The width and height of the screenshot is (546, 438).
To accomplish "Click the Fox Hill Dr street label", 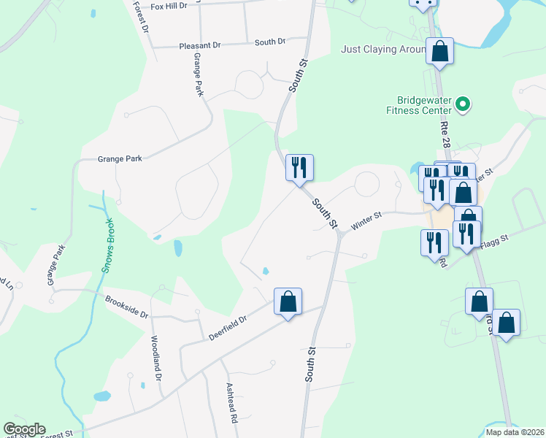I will click(x=169, y=5).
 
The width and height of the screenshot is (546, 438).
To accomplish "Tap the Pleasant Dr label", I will click(x=199, y=45).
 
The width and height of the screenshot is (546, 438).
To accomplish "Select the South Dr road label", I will click(x=270, y=42).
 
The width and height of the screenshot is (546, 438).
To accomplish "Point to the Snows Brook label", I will click(x=107, y=246).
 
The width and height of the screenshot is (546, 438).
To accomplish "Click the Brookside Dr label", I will click(x=126, y=307).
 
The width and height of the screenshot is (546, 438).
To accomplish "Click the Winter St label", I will click(x=366, y=221).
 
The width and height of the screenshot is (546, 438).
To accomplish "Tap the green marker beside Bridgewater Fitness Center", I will click(x=462, y=106).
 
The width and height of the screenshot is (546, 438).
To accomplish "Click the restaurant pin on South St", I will click(x=299, y=169).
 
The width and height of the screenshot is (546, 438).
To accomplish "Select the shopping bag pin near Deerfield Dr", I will click(x=288, y=302).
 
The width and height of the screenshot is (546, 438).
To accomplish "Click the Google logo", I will click(x=24, y=429).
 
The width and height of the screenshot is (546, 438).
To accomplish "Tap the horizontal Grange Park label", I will click(x=120, y=158).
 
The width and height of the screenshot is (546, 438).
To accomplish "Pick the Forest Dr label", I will click(x=141, y=18).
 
